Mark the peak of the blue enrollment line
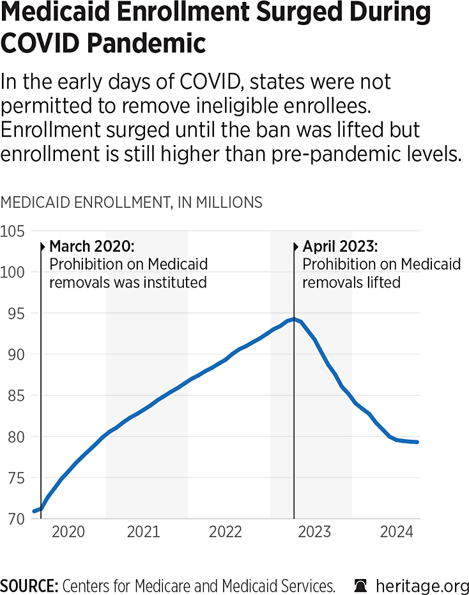(293, 318)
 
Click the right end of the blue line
(418, 442)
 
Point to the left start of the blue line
(34, 511)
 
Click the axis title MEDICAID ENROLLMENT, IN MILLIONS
(132, 203)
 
